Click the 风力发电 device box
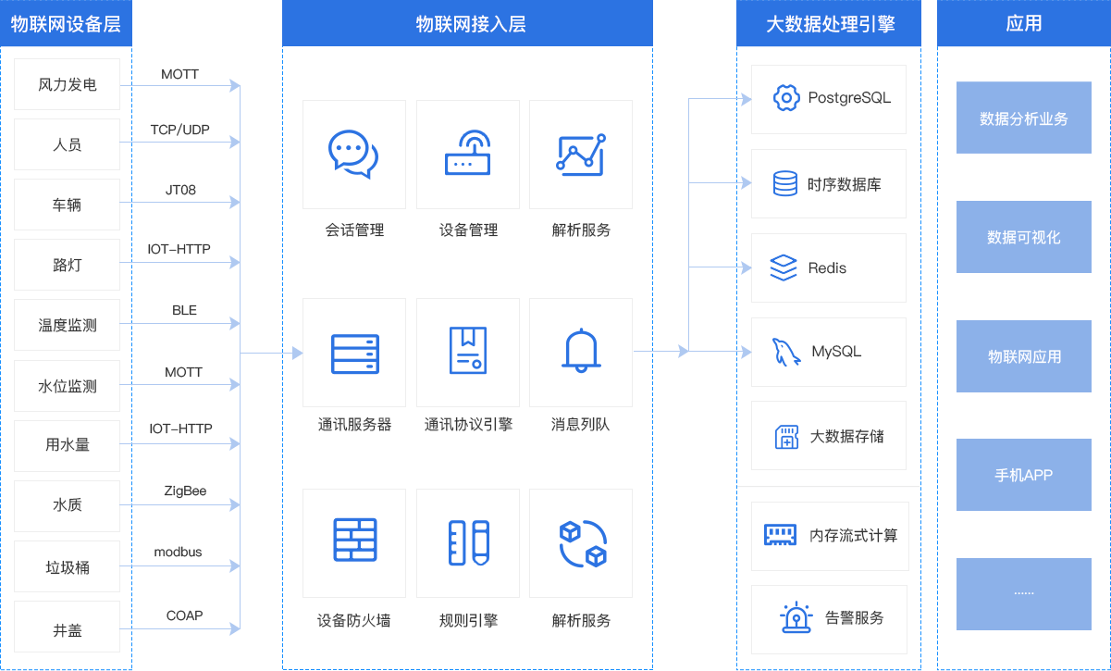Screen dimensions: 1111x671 tap(67, 84)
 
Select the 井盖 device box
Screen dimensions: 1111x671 tap(67, 627)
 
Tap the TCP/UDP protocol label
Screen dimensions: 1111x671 tap(180, 130)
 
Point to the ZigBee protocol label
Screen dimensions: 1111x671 tap(185, 491)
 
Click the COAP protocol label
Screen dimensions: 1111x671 tap(184, 615)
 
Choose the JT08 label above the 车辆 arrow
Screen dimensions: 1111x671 tap(180, 190)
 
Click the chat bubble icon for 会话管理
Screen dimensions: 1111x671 tap(353, 154)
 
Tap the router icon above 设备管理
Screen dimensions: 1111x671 tap(468, 153)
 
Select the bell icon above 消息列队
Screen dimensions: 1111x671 tap(581, 350)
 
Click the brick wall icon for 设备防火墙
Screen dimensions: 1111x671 tap(355, 540)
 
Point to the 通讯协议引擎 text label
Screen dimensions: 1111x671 tap(468, 424)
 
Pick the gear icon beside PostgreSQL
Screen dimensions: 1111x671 tap(786, 98)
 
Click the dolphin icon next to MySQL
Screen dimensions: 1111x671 tap(786, 352)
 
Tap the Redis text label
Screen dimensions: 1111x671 tap(827, 268)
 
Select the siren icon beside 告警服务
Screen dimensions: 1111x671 tap(796, 617)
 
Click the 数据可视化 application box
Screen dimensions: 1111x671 tap(1024, 237)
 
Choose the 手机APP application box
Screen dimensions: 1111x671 tap(1024, 475)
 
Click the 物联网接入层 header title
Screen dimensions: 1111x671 tap(471, 24)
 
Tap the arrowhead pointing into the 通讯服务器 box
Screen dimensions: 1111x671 tap(297, 353)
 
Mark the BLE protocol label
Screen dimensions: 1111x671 tap(184, 310)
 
